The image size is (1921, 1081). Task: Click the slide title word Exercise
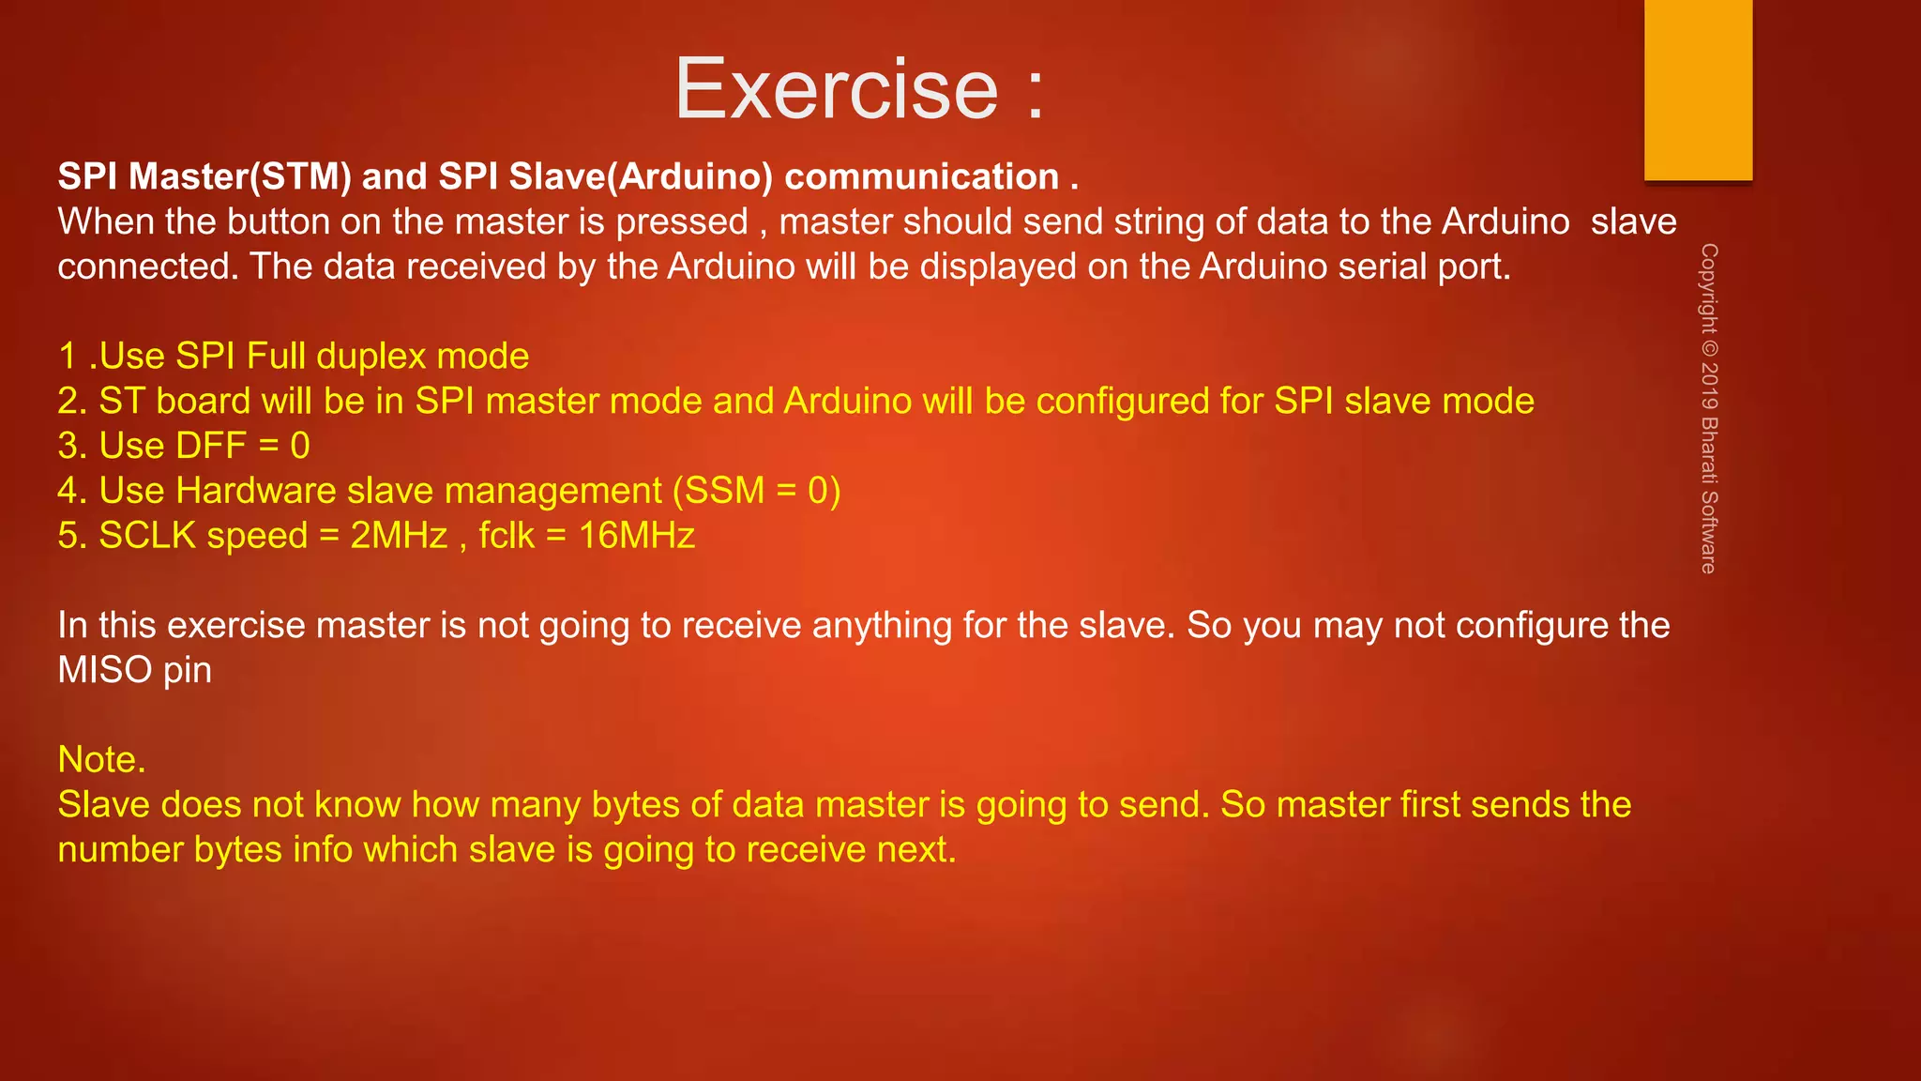click(x=837, y=89)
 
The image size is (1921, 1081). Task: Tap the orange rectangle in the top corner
click(x=1698, y=89)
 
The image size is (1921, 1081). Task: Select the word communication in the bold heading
click(x=921, y=176)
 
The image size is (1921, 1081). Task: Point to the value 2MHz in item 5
click(x=399, y=536)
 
